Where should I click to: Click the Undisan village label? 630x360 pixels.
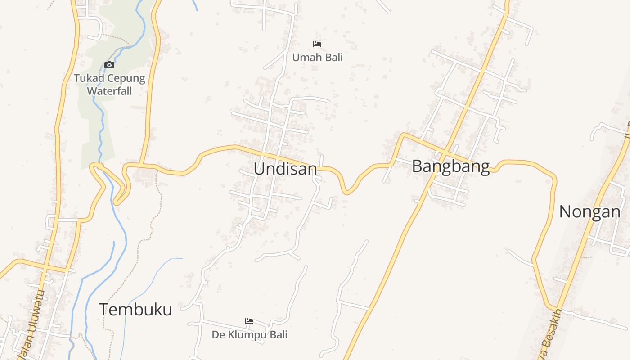tap(285, 169)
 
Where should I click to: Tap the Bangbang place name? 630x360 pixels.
tap(450, 166)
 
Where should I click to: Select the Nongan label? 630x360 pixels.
tap(589, 211)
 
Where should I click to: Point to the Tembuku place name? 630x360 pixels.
tap(135, 310)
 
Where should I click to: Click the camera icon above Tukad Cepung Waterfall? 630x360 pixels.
tap(109, 65)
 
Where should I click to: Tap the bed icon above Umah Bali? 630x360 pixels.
tap(317, 44)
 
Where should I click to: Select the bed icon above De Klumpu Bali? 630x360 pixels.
tap(249, 321)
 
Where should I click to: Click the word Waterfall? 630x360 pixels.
tap(109, 91)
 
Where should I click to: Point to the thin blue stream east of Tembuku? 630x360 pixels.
tap(153, 274)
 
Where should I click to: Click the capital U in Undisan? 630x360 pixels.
tap(260, 169)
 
